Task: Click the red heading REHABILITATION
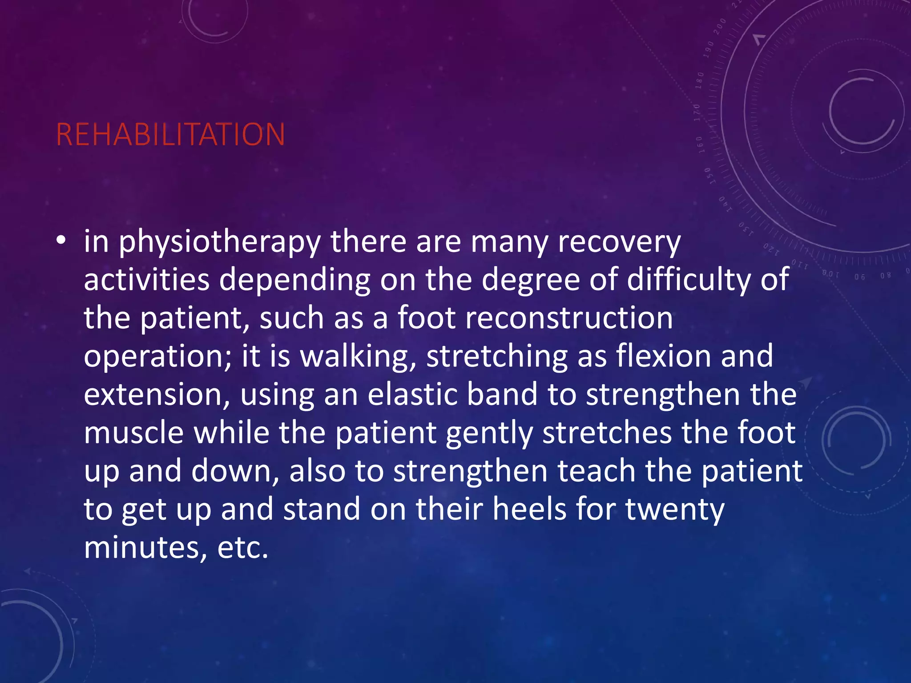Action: click(x=170, y=134)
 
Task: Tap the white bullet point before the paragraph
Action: click(x=61, y=241)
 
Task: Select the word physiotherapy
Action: click(x=220, y=242)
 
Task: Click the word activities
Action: click(x=146, y=280)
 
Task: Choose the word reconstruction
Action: click(x=569, y=318)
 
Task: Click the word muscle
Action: click(x=133, y=433)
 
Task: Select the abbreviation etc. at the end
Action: click(x=243, y=548)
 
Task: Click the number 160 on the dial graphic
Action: click(x=700, y=145)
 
